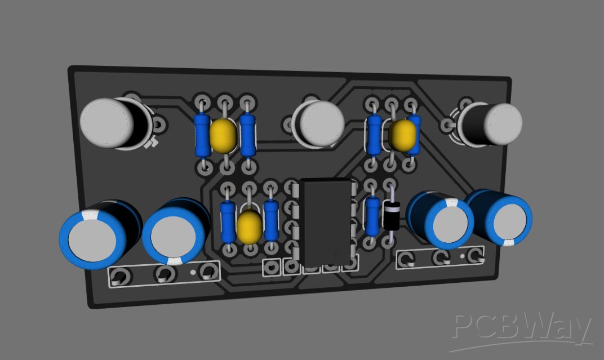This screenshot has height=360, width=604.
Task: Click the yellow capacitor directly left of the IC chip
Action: point(249,225)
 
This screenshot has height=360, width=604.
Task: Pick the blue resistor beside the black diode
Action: point(372,216)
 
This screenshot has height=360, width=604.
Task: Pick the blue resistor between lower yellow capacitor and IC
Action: point(271,220)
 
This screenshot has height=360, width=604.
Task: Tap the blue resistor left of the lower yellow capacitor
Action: point(228,221)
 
